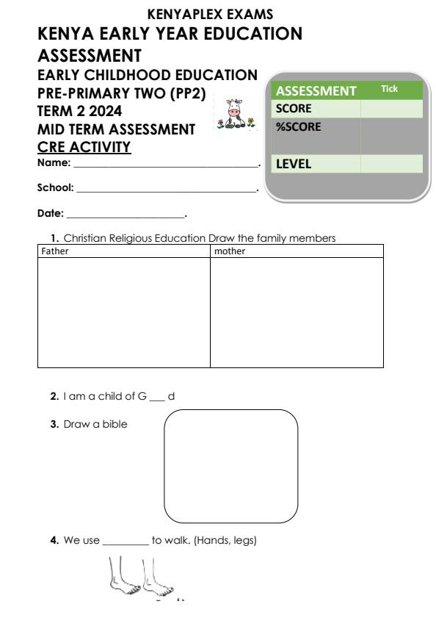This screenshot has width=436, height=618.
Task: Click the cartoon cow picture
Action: (x=235, y=115)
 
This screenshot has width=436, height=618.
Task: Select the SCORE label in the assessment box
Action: (x=293, y=108)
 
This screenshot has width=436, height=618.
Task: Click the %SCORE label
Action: (x=297, y=126)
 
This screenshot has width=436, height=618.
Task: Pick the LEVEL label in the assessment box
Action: (x=294, y=165)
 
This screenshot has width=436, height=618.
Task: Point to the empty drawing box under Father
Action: (x=123, y=312)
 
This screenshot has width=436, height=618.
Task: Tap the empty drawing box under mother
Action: (x=297, y=312)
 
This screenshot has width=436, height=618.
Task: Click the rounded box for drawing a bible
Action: (x=230, y=466)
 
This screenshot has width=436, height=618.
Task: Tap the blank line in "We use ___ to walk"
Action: (x=126, y=543)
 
